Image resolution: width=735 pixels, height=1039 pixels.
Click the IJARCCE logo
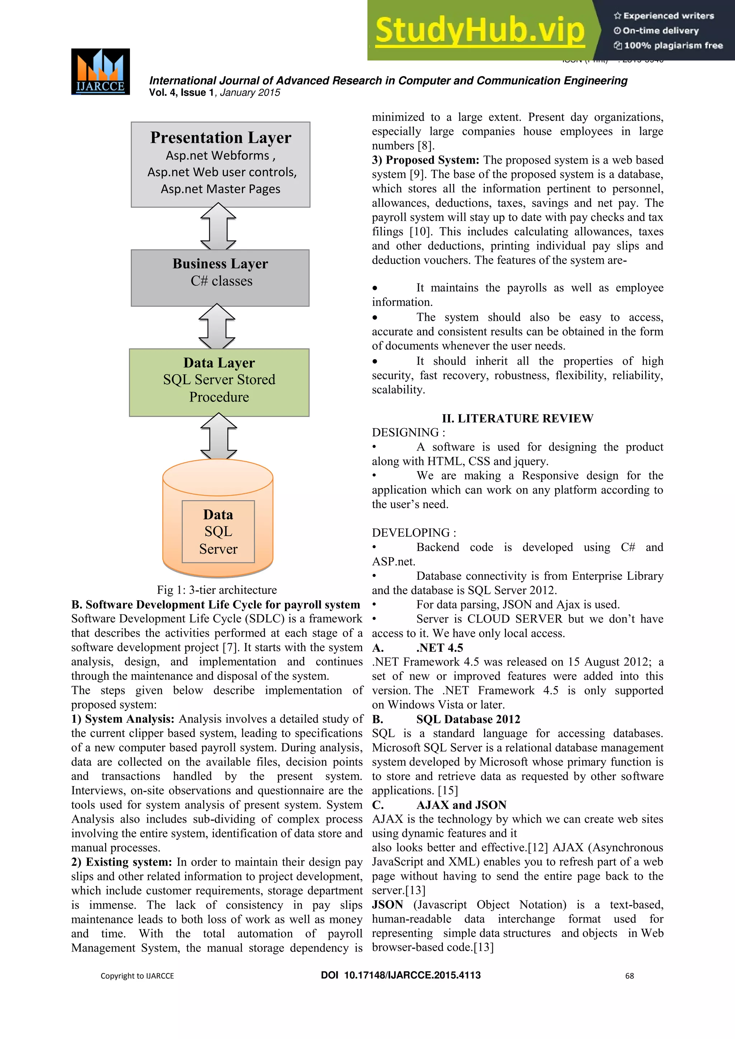pos(100,71)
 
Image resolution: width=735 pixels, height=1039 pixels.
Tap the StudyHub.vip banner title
pos(480,30)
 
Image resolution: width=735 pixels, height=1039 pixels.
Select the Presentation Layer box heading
pos(220,137)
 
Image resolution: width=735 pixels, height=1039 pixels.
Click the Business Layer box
pos(220,277)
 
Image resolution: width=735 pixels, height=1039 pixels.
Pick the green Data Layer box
pos(219,382)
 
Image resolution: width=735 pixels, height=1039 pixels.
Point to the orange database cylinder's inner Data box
pos(218,531)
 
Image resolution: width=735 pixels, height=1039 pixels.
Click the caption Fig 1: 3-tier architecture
pos(217,590)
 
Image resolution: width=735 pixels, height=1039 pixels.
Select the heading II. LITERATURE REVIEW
pos(517,418)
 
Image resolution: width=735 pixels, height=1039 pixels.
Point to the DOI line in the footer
pos(401,975)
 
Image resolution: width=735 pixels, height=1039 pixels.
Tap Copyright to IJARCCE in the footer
pos(137,976)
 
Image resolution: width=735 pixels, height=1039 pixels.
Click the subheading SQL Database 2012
pos(468,719)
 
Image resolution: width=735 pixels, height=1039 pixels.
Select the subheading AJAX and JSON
pos(461,805)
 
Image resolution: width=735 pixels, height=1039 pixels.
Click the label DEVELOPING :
pos(414,533)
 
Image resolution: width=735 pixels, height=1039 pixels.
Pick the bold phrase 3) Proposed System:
pos(425,160)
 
